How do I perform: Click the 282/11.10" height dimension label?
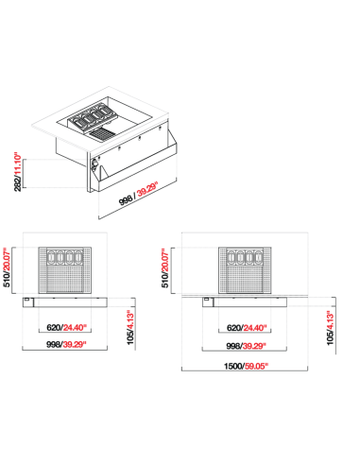pos(18,172)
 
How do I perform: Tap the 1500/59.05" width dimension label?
pos(246,366)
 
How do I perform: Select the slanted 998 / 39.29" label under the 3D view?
pos(138,194)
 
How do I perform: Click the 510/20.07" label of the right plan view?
pos(165,267)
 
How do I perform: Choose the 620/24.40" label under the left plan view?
pos(66,328)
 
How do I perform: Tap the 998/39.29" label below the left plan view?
pos(66,344)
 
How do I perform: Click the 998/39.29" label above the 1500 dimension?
pos(246,346)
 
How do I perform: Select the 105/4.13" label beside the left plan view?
pos(130,328)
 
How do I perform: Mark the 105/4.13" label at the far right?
pos(330,328)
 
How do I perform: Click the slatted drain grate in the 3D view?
pos(100,134)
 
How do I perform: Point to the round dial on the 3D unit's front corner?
pos(94,164)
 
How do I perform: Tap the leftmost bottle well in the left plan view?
pos(51,257)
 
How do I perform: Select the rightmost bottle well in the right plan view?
pos(259,257)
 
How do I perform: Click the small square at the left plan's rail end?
pos(26,299)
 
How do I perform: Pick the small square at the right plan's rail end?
pos(207,299)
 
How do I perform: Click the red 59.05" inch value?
pos(257,366)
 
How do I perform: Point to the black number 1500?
pos(232,367)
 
